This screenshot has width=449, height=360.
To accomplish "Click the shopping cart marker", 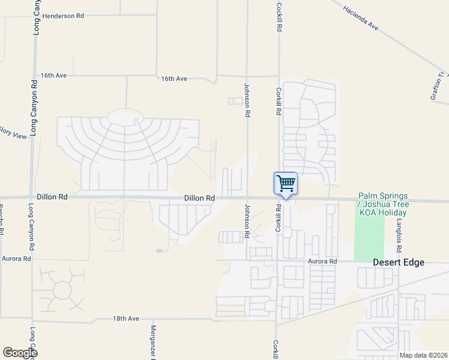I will tap(286, 183).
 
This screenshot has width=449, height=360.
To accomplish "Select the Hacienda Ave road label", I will tap(360, 18).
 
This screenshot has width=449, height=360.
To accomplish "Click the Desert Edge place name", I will tap(399, 262).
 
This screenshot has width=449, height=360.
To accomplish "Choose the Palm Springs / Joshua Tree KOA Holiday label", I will tap(383, 205).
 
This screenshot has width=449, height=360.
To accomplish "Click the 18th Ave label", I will tap(126, 318).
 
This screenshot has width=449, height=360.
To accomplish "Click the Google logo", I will tap(20, 353).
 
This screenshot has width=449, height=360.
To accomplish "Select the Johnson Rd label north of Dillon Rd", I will tap(246, 100).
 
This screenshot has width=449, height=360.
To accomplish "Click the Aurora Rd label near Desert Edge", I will tap(323, 261).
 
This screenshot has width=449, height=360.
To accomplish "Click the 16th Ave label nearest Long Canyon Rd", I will tap(53, 76).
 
